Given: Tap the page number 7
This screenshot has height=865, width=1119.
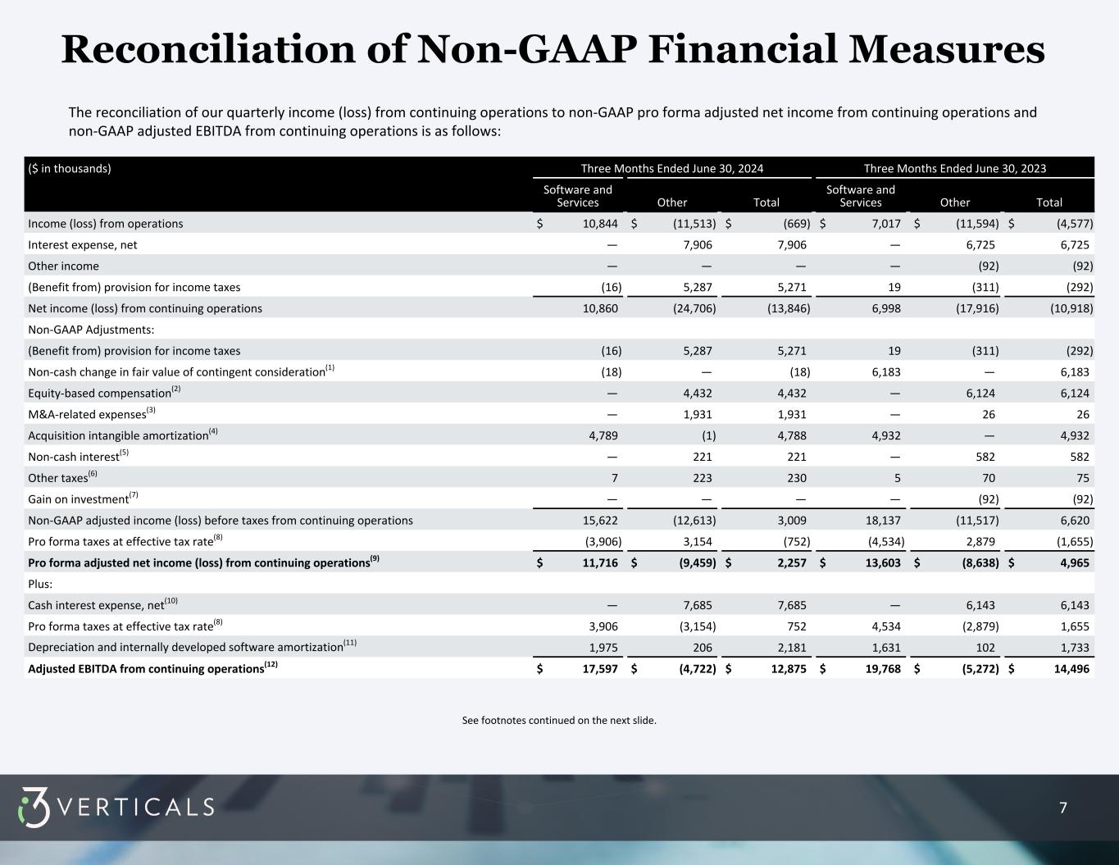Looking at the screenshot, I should [1063, 808].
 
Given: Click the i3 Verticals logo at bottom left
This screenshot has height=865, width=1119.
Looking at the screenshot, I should [116, 808].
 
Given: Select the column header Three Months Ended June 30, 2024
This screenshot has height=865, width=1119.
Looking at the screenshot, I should [671, 169].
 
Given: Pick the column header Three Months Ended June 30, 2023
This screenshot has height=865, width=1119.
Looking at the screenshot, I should [954, 169].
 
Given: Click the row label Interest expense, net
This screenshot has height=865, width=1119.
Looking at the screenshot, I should [83, 244].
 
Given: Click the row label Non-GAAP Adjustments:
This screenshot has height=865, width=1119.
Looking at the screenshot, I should [91, 330].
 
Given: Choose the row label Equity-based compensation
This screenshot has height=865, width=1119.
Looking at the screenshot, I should [99, 393].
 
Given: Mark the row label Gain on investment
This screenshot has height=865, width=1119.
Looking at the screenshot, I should [79, 499].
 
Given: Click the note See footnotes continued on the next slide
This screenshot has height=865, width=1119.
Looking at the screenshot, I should [559, 721].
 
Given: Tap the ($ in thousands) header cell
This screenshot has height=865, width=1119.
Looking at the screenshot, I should [70, 169].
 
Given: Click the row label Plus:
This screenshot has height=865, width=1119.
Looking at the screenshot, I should [40, 584].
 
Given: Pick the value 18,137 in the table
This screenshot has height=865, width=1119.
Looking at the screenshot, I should [884, 520].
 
